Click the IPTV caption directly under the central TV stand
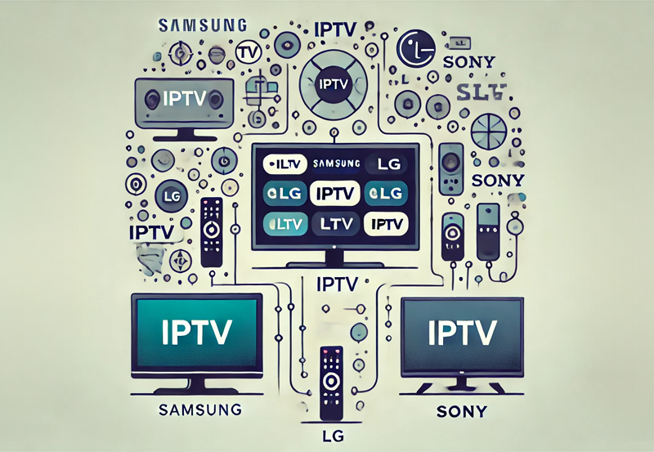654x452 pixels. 336,284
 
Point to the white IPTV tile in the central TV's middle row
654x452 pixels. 334,194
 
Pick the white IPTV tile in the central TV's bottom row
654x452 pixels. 384,222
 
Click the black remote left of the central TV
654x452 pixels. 212,230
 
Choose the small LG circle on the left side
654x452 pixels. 172,197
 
